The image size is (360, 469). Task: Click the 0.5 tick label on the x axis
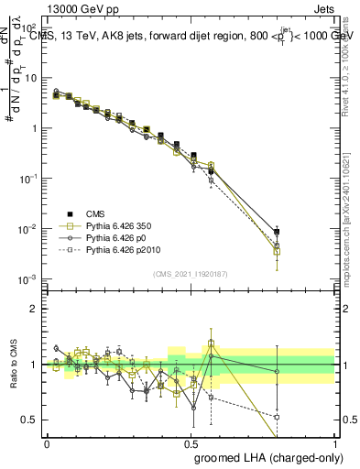pyautogui.click(x=191, y=442)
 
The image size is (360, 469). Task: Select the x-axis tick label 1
pyautogui.click(x=334, y=442)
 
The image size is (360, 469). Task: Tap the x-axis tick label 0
pyautogui.click(x=48, y=442)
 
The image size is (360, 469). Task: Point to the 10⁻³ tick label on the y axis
pyautogui.click(x=27, y=278)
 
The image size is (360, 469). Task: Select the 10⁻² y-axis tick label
pyautogui.click(x=27, y=228)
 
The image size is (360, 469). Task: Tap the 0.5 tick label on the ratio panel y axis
pyautogui.click(x=30, y=420)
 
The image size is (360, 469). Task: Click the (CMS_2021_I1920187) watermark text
pyautogui.click(x=191, y=273)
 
